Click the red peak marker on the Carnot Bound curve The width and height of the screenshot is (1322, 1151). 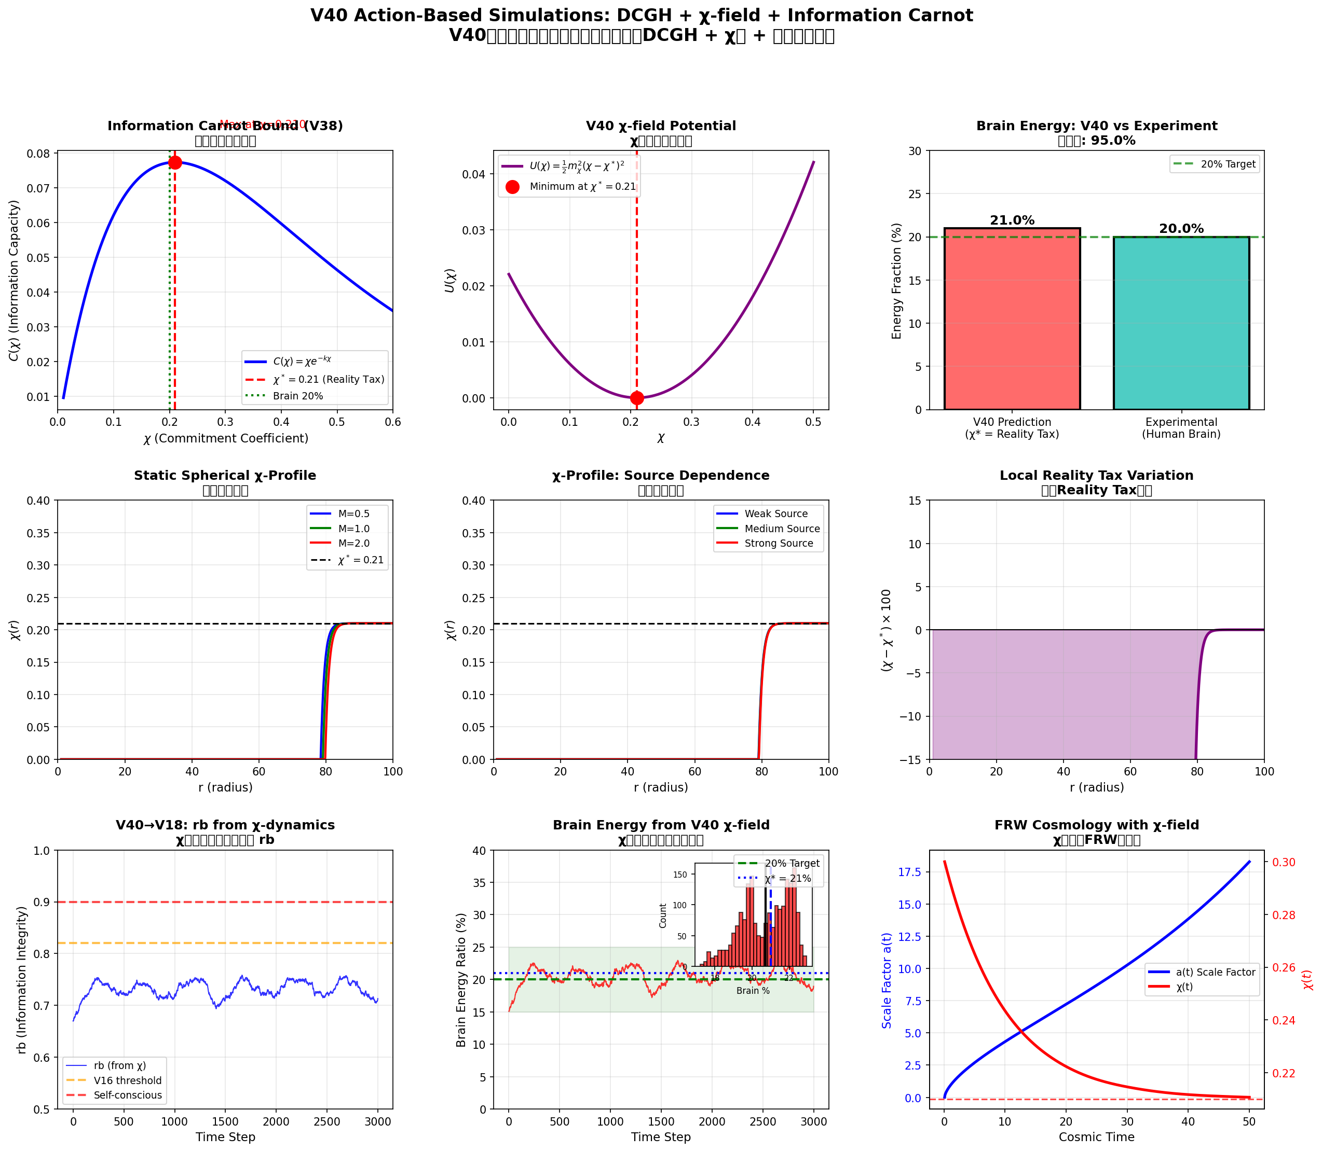click(x=175, y=162)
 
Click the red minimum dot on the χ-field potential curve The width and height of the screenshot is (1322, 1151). click(x=637, y=398)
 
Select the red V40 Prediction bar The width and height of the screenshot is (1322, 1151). click(x=1012, y=318)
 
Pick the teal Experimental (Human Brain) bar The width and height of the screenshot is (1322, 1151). click(x=1181, y=323)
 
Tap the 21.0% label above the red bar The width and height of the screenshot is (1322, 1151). click(x=1012, y=220)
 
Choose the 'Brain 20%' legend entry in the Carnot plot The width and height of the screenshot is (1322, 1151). click(x=297, y=396)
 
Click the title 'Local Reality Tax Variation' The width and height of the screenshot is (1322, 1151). click(x=1096, y=475)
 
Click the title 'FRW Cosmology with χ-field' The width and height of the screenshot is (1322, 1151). click(x=1096, y=825)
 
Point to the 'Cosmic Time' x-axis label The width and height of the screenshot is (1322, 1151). click(x=1096, y=1137)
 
